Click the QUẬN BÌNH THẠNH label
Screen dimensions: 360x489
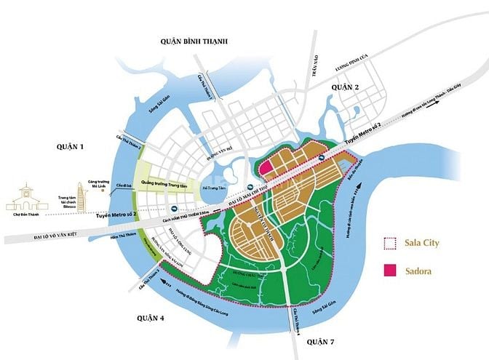coord(194,43)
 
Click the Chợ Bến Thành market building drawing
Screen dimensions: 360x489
coord(25,193)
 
